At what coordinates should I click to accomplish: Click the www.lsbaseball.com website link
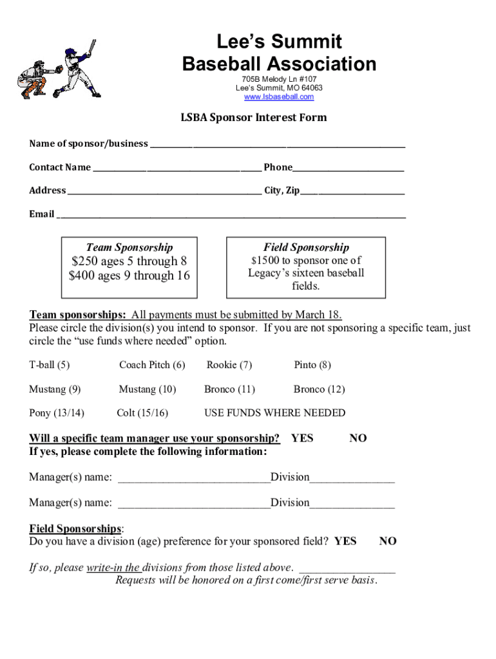click(279, 97)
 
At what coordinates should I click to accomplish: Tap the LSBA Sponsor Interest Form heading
click(253, 118)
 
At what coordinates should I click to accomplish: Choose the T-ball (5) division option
click(50, 365)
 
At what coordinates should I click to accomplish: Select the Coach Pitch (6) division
click(152, 365)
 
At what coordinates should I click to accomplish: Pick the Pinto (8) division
click(312, 365)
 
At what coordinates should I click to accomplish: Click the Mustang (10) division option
click(147, 389)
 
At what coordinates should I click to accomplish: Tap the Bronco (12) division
click(319, 389)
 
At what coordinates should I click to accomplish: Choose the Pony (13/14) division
click(57, 413)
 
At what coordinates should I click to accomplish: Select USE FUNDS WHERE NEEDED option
click(274, 413)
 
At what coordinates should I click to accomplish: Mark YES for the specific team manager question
click(301, 438)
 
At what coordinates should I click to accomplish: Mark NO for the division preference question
click(388, 541)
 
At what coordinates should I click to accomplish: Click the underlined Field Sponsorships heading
click(75, 529)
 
